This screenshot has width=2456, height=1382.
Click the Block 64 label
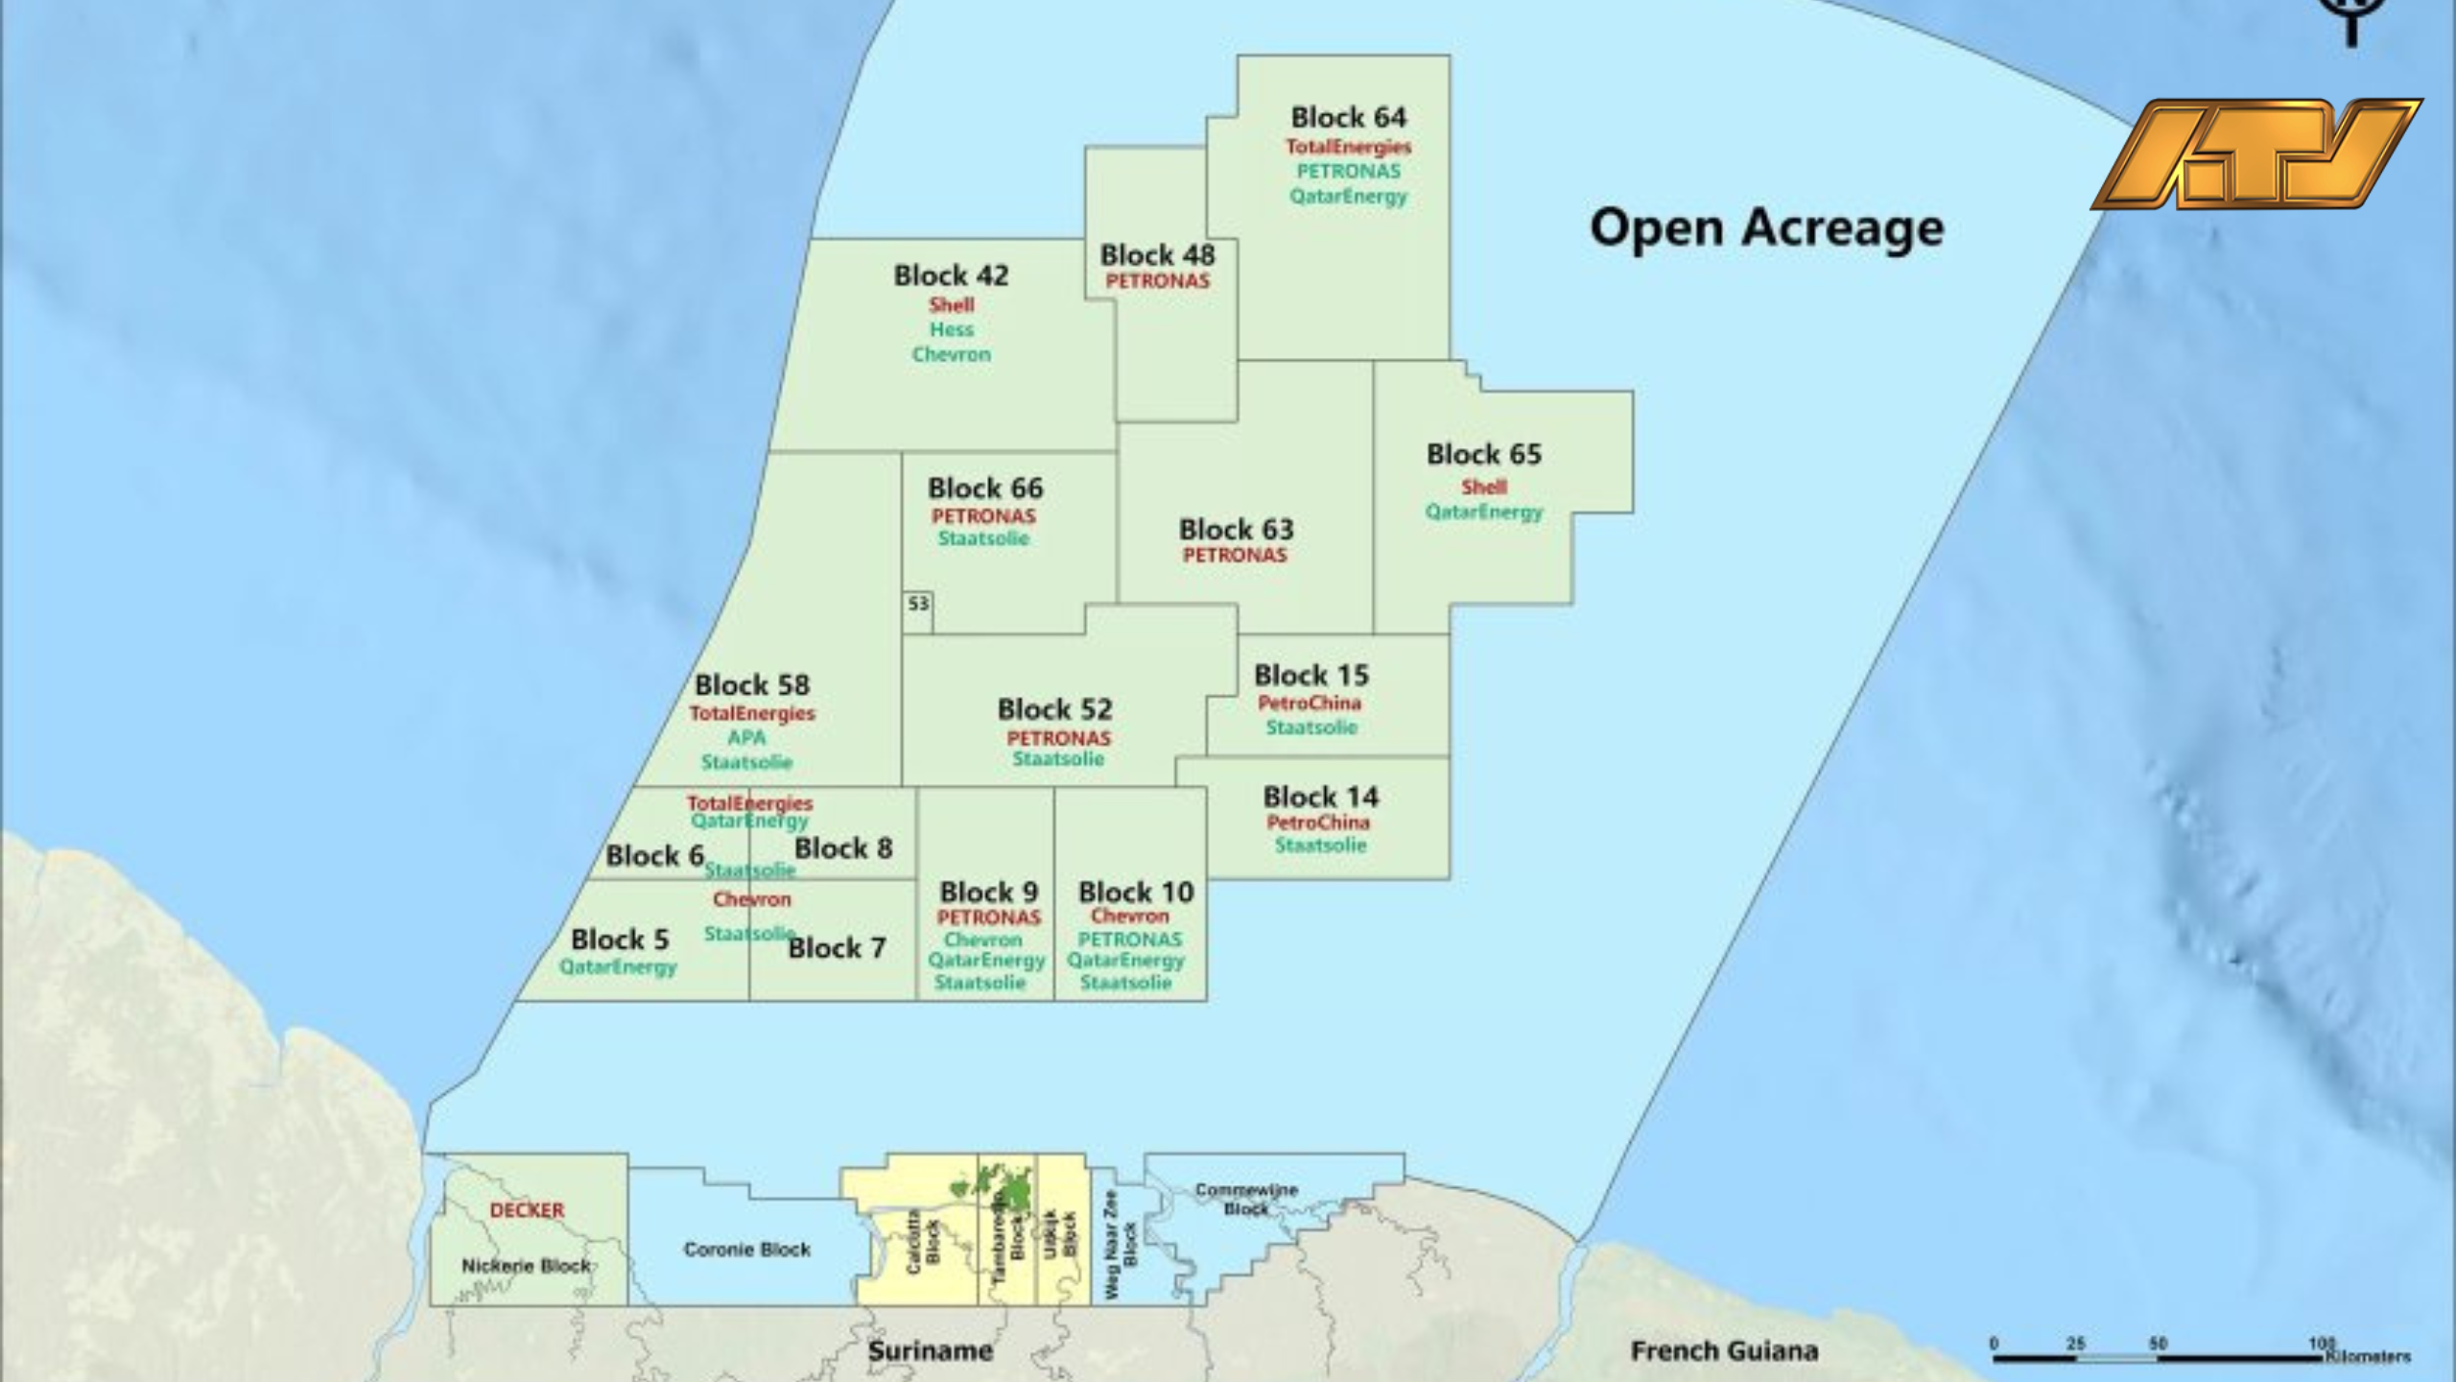(x=1348, y=117)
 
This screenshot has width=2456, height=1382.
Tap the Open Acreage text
(x=1766, y=229)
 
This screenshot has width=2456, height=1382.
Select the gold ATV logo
(x=2256, y=154)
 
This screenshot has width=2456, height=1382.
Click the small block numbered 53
(x=918, y=604)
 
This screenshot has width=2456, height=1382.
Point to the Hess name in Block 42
(x=951, y=329)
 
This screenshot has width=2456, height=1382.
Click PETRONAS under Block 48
(x=1157, y=281)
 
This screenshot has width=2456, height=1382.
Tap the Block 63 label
(x=1236, y=529)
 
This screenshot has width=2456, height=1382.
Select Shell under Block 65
(x=1483, y=487)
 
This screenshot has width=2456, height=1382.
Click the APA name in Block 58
(x=746, y=738)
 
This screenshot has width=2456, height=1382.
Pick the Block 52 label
(x=1054, y=709)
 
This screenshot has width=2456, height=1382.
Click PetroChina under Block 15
(x=1310, y=703)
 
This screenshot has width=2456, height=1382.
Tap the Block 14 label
(x=1320, y=797)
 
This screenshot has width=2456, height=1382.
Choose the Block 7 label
(x=837, y=948)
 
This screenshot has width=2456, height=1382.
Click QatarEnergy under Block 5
(x=618, y=966)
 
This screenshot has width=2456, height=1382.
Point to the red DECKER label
(x=527, y=1210)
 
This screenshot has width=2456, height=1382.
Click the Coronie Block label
(x=746, y=1250)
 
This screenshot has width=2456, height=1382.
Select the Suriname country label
(x=930, y=1351)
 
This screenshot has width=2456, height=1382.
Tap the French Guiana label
(x=1724, y=1351)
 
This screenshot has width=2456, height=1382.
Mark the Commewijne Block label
(x=1246, y=1199)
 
